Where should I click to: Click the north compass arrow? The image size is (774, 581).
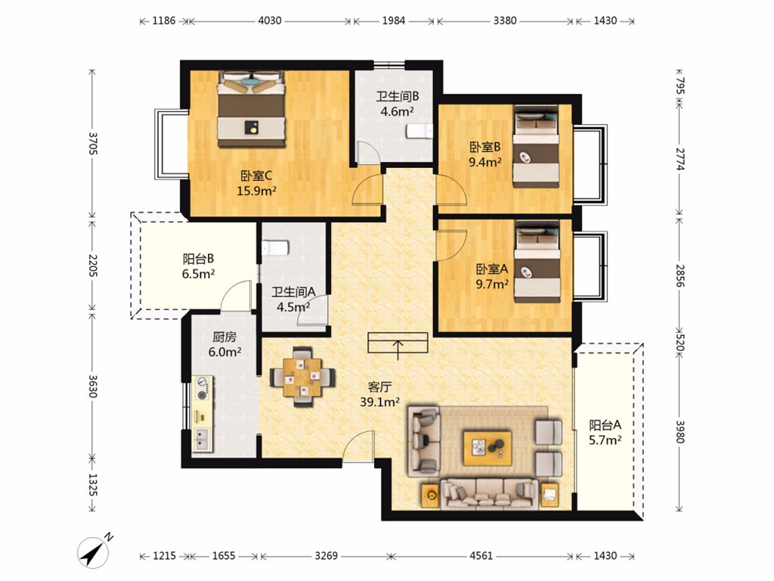click(x=94, y=551)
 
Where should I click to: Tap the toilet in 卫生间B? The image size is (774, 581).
click(x=420, y=132)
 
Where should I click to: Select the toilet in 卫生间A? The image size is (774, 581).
click(x=274, y=248)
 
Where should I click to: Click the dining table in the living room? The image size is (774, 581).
click(x=302, y=377)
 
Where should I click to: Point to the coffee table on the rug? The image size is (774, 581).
click(x=487, y=448)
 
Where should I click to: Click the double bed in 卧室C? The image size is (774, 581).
click(x=252, y=109)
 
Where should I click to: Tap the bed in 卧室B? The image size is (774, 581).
click(x=536, y=147)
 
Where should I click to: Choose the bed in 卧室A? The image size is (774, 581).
click(x=537, y=262)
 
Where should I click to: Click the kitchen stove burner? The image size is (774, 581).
click(x=202, y=395)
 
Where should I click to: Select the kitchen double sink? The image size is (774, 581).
click(x=203, y=440)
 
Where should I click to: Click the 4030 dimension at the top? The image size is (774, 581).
click(x=270, y=20)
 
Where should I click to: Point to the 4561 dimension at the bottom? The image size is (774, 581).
click(x=481, y=556)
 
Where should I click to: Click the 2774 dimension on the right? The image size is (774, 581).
click(x=680, y=159)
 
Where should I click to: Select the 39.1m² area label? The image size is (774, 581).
click(x=379, y=402)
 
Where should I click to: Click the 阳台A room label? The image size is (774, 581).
click(x=605, y=425)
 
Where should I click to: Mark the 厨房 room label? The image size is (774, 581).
click(x=224, y=337)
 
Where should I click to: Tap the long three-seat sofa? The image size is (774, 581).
click(x=489, y=493)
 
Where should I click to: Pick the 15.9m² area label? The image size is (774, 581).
click(x=256, y=191)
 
